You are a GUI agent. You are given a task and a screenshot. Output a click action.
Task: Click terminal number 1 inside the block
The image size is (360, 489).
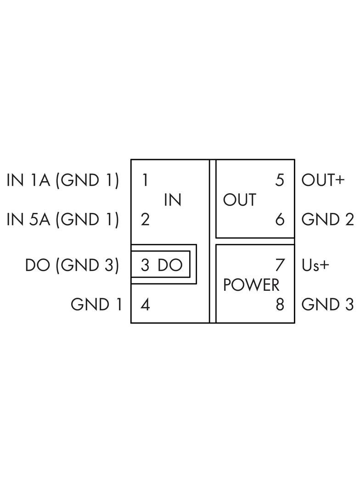[x=145, y=180]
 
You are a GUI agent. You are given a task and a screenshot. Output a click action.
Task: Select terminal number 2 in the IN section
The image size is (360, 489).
[x=145, y=220]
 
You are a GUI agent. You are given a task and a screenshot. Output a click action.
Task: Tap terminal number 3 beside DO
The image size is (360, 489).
[x=145, y=265]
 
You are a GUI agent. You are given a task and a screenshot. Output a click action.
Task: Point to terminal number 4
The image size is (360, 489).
[x=145, y=305]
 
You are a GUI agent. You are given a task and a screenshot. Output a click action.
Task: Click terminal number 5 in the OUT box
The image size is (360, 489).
[x=280, y=180]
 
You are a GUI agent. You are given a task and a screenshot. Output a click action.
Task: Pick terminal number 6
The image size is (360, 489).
[x=280, y=220]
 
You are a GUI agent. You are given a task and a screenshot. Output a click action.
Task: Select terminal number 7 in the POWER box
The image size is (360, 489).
[x=280, y=265]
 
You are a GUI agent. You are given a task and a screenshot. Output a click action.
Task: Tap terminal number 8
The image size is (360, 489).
[x=280, y=305]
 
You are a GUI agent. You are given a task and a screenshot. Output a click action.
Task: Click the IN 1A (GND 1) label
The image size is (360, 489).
[x=63, y=180]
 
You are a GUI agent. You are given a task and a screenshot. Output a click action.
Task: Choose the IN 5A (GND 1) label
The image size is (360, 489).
[x=63, y=220]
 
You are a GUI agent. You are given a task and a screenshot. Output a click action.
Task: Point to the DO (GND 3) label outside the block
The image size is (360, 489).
[x=72, y=266]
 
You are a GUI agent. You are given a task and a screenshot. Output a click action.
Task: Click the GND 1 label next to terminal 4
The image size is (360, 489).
[x=96, y=305]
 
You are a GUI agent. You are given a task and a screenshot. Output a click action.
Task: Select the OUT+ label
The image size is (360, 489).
[x=323, y=180]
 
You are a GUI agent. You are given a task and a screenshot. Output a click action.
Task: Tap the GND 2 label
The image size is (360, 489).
[x=327, y=220]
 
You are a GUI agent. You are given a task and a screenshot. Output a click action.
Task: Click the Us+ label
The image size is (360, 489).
[x=315, y=265]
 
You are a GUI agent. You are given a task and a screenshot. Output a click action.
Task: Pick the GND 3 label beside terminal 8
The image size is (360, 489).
[x=327, y=305]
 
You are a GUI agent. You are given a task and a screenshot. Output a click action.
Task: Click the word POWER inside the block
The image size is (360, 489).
[x=251, y=285]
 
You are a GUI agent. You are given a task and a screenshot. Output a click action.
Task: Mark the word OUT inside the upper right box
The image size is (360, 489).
[x=240, y=200]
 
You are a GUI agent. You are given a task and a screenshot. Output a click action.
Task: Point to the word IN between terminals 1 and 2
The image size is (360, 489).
[x=173, y=200]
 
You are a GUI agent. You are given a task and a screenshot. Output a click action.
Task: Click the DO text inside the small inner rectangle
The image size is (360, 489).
[x=170, y=265]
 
